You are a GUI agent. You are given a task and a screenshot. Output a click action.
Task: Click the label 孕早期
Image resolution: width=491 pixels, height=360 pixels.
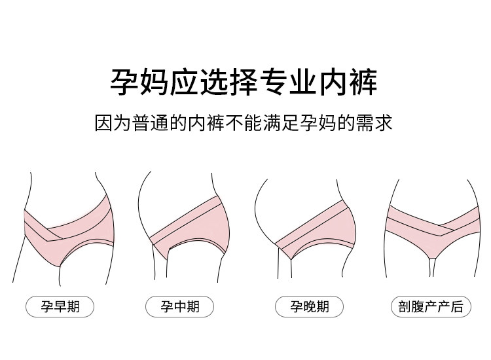[x=60, y=306]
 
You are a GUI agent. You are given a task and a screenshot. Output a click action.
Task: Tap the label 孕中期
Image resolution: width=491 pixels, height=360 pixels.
[x=179, y=306]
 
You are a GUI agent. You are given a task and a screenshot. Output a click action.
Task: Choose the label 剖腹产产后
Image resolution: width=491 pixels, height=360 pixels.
[x=430, y=306]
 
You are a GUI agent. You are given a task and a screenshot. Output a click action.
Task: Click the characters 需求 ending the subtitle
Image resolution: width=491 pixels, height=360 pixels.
[x=378, y=122]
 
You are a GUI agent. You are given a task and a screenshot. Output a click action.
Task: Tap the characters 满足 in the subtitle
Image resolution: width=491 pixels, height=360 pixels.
[x=288, y=122]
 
